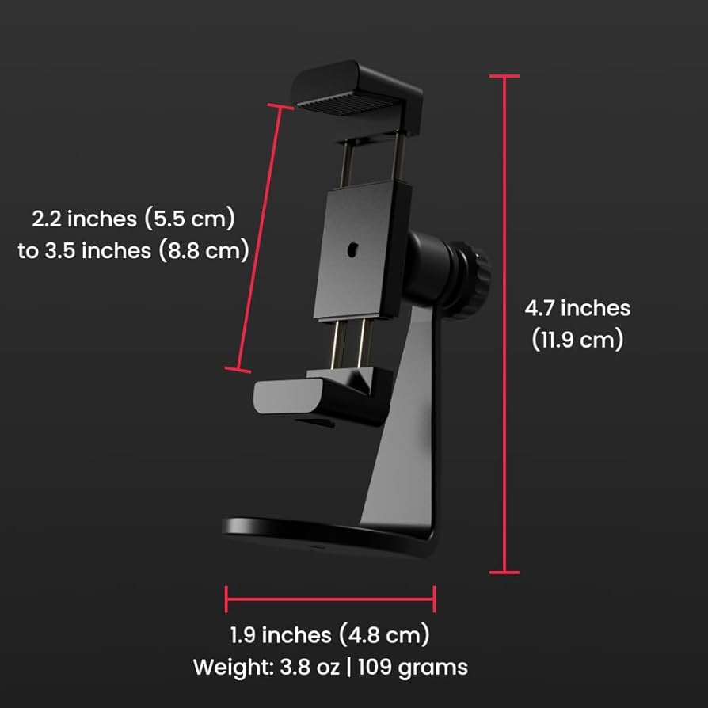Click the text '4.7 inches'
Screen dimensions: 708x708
[577, 307]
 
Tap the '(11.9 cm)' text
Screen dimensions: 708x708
[577, 340]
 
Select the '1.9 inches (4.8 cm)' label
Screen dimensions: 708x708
[329, 634]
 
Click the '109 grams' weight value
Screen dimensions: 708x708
[413, 667]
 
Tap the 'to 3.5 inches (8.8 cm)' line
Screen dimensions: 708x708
[134, 250]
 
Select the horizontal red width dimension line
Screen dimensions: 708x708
[329, 598]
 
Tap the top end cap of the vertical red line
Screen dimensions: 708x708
[504, 76]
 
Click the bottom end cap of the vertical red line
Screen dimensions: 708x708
[504, 571]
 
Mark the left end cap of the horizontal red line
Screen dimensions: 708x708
[226, 598]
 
